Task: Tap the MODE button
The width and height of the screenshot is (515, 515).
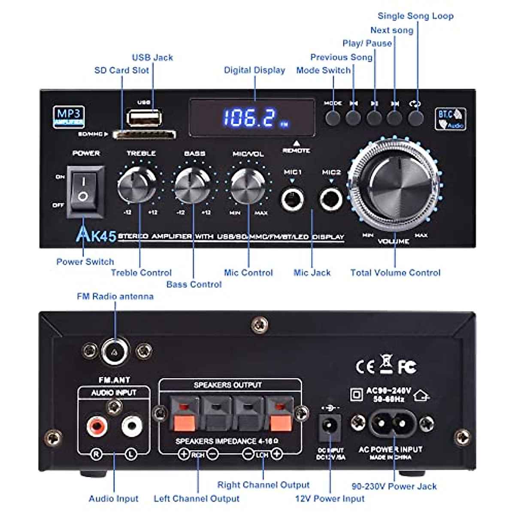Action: (x=333, y=118)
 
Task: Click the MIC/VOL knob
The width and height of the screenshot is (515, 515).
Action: (x=248, y=185)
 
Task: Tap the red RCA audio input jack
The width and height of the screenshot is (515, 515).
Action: (x=96, y=426)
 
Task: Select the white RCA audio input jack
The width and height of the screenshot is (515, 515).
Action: (x=131, y=426)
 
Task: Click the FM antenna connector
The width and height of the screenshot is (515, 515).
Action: (x=115, y=352)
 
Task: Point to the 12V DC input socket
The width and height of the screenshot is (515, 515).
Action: (x=330, y=426)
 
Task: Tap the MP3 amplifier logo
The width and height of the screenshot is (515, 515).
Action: (x=69, y=116)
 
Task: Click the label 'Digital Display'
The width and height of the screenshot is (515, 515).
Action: (x=254, y=70)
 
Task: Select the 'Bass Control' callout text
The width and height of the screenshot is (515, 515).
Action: (x=194, y=284)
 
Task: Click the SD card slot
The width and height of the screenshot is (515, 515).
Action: (x=144, y=135)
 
